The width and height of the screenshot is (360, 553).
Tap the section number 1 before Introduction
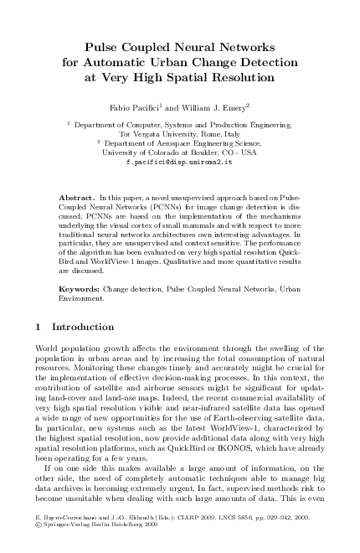(42, 325)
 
